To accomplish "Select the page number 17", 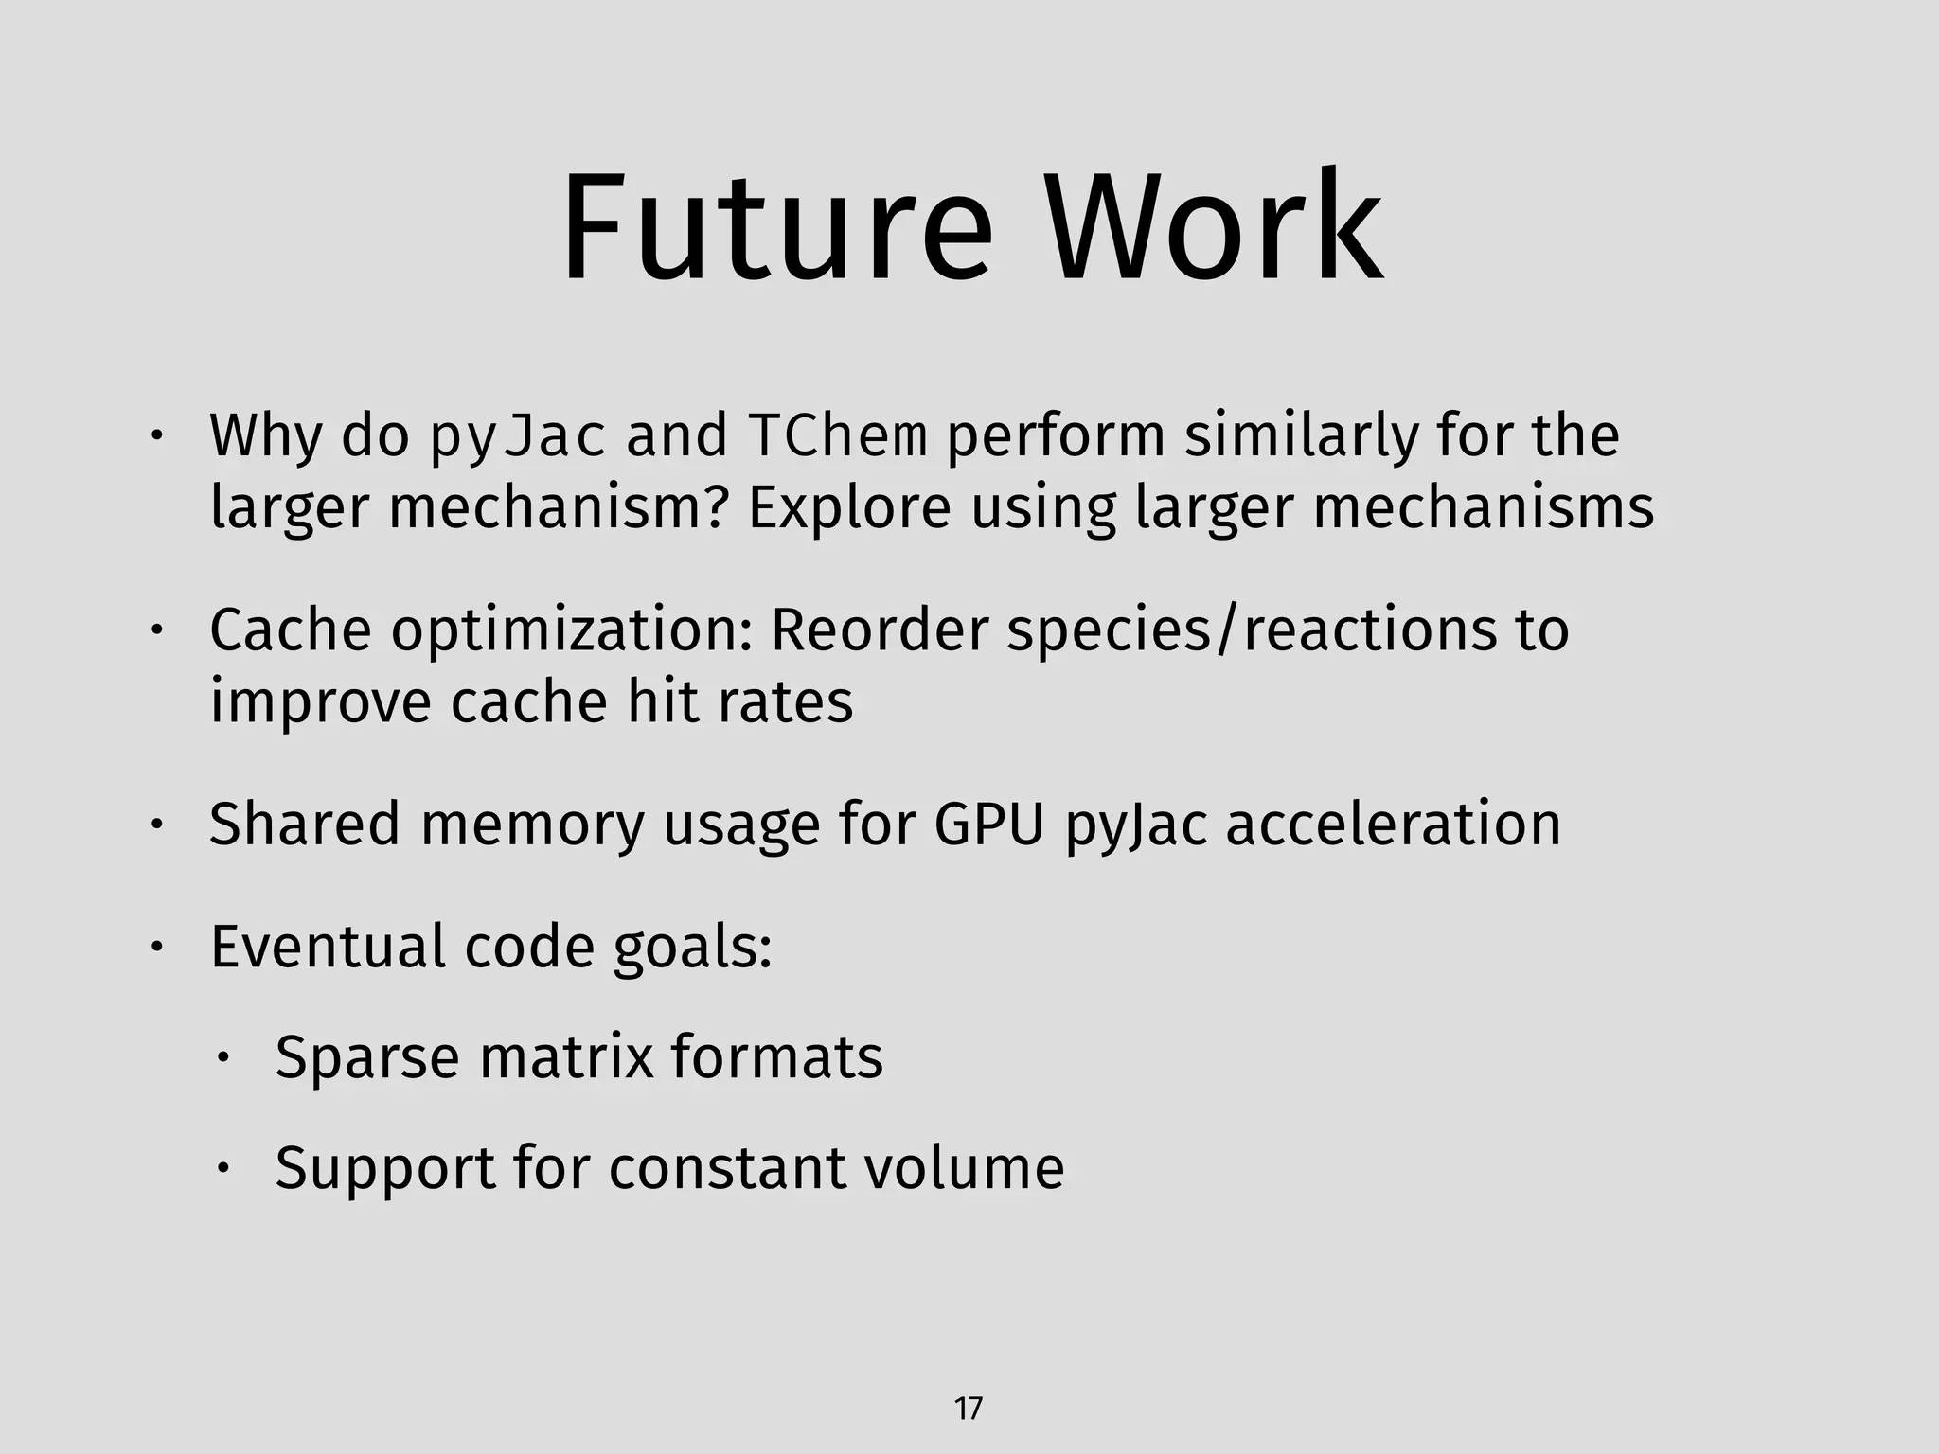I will (968, 1409).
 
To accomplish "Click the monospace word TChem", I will (837, 435).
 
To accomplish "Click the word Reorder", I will (880, 629).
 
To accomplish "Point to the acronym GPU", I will (989, 824).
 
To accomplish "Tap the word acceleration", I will (1393, 824).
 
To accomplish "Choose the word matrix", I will (566, 1056).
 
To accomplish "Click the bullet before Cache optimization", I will (157, 631).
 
